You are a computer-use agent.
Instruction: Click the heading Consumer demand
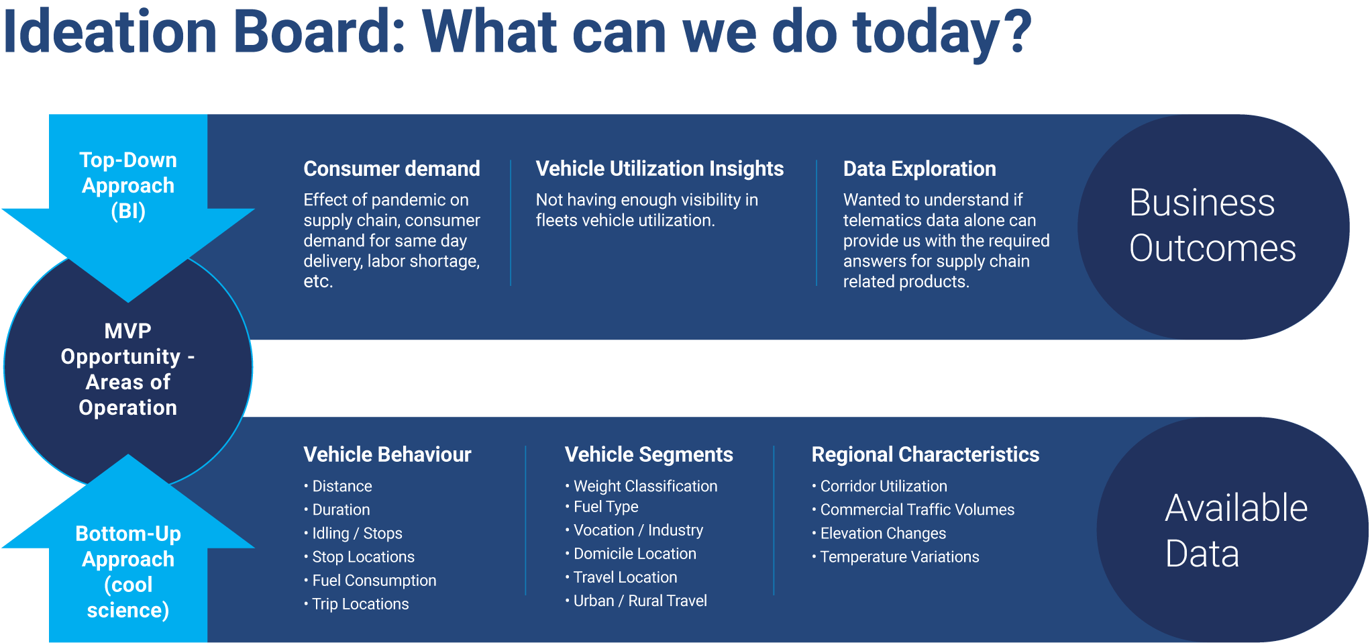(392, 168)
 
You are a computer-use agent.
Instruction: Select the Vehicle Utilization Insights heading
(660, 168)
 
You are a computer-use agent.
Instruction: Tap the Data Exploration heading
(919, 168)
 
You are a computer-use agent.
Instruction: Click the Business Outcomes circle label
(1212, 226)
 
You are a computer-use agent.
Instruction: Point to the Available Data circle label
(1236, 531)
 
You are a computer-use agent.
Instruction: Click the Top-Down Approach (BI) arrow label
(128, 185)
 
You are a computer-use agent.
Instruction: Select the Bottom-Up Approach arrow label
(128, 572)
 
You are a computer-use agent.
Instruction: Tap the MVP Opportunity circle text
(128, 369)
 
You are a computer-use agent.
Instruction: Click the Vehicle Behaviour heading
(387, 454)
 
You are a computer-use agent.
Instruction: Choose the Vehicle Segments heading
(649, 454)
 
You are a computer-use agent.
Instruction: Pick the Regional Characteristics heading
(925, 454)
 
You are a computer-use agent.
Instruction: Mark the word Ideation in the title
(111, 32)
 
